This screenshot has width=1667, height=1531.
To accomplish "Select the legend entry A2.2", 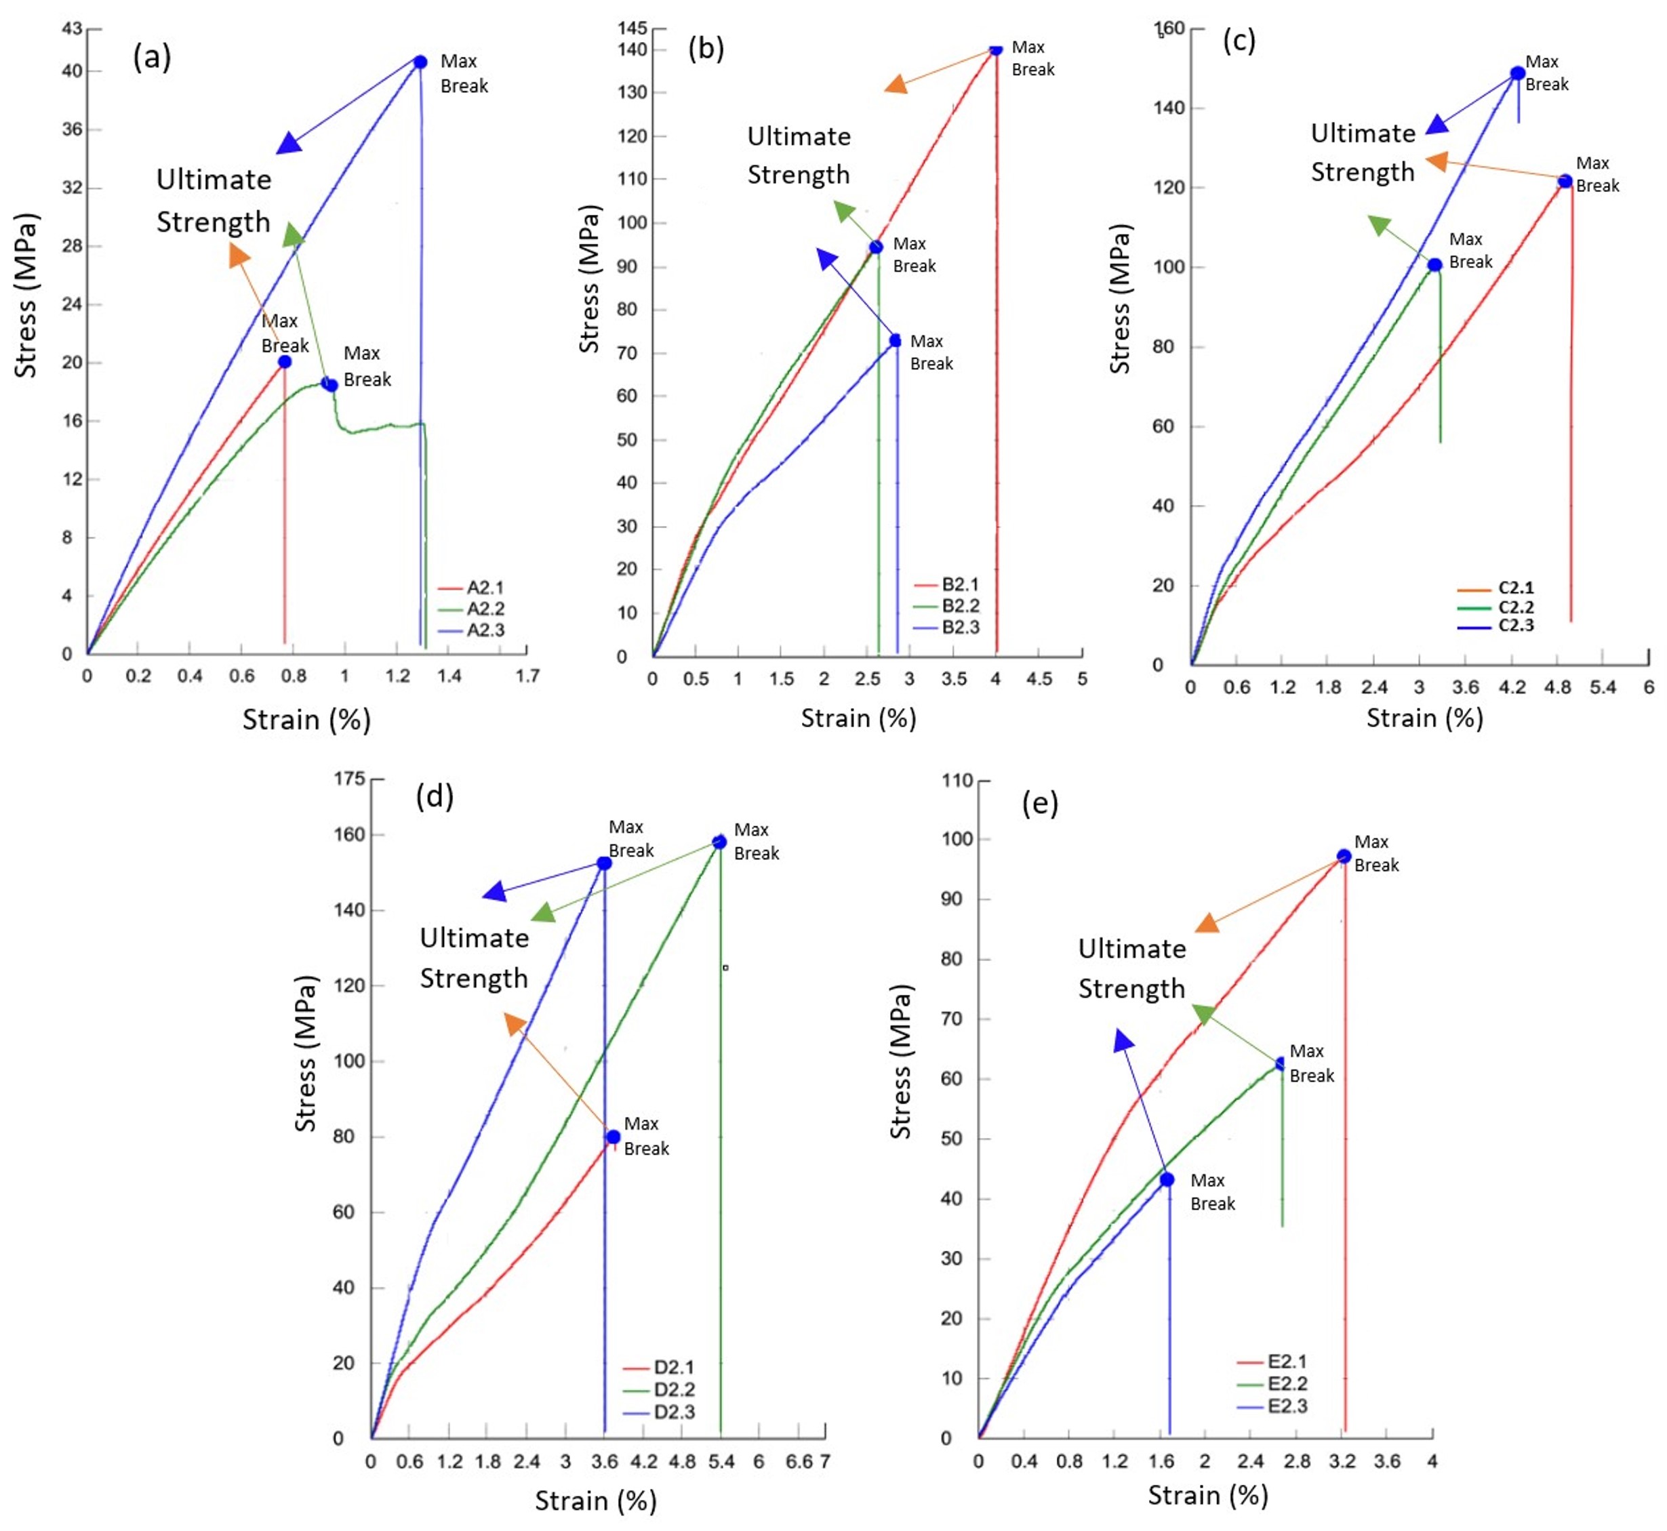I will click(x=485, y=609).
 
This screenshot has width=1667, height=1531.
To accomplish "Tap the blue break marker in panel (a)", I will click(x=420, y=62).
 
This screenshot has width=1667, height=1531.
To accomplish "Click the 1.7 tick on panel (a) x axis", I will click(x=528, y=676).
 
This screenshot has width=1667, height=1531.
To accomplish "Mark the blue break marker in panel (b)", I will click(x=896, y=340).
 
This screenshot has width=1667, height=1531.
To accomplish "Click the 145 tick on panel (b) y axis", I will click(x=632, y=28).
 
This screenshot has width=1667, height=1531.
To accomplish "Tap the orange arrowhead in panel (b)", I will click(x=895, y=85).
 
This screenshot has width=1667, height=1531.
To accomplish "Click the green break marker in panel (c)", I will click(x=1435, y=265).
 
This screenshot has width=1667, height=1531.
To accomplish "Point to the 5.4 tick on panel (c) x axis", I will click(x=1603, y=687).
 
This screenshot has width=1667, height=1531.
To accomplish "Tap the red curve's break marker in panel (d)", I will click(x=613, y=1137).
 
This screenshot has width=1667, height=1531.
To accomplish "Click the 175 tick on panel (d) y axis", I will click(x=349, y=779).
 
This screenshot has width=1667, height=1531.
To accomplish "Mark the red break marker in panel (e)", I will click(x=1344, y=857).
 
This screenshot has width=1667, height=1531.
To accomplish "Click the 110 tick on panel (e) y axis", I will click(x=957, y=781).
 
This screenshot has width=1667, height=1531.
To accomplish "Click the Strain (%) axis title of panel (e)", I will click(x=1208, y=1495).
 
